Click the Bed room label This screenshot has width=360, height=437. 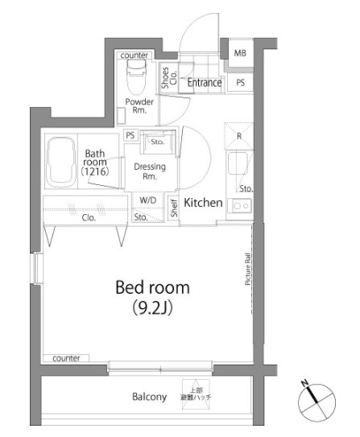point(152,287)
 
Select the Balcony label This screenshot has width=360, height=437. point(149,397)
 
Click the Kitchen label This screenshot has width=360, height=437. point(203,203)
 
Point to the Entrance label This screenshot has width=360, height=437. point(205,82)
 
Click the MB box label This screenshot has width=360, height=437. point(240,54)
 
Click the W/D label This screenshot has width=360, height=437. point(148,200)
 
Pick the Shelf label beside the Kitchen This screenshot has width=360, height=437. point(173,208)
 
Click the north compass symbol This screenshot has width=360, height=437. point(315,398)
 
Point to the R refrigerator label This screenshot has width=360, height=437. point(239,135)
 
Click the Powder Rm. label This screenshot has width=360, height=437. point(139,106)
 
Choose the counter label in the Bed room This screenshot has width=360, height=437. point(67,357)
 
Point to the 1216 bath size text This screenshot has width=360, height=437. point(96,171)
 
